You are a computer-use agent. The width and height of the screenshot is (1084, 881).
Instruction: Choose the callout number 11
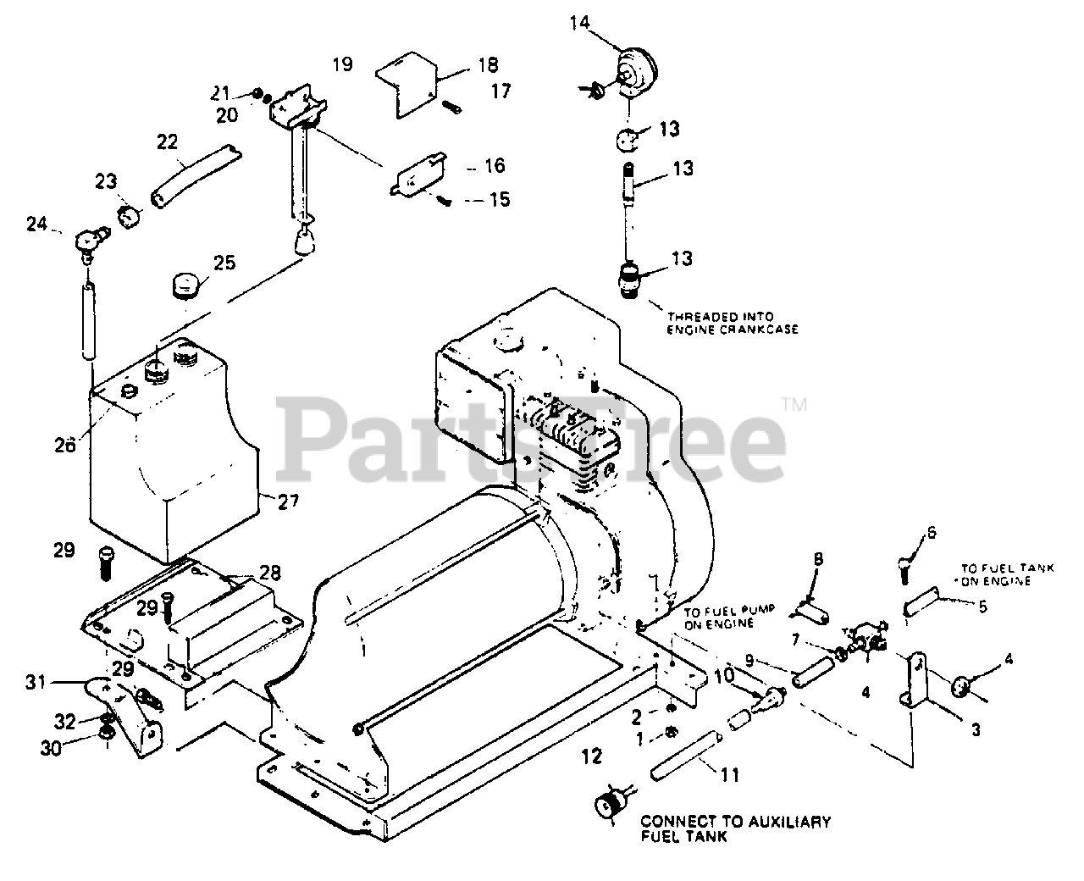(729, 773)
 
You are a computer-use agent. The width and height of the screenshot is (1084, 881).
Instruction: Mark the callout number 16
(495, 165)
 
